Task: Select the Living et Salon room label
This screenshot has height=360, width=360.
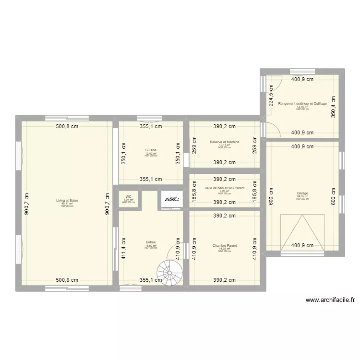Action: tap(67, 201)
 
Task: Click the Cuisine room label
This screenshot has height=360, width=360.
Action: tap(151, 150)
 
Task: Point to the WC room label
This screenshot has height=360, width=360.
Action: tap(128, 196)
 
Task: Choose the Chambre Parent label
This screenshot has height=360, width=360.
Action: tap(225, 245)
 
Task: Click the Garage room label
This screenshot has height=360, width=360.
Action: tap(302, 193)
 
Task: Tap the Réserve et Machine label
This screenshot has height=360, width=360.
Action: tap(225, 142)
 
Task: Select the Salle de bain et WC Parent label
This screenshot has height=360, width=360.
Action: tap(225, 188)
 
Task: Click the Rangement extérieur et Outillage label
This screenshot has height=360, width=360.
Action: tap(302, 104)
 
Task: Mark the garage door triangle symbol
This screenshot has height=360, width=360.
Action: tap(302, 233)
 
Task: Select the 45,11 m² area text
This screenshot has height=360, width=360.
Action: tap(67, 204)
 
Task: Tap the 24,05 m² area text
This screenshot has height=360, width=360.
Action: tap(302, 196)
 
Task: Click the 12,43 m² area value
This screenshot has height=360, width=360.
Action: tap(151, 154)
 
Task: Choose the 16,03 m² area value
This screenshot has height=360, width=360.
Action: tap(225, 249)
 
